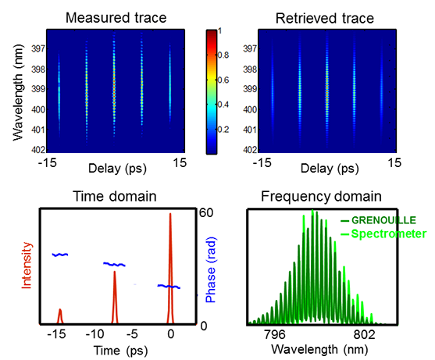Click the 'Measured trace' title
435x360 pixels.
coord(116,18)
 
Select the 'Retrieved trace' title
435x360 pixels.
coord(325,19)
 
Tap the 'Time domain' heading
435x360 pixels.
coord(115,196)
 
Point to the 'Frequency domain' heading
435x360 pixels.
coord(321,196)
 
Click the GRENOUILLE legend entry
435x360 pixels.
coord(379,220)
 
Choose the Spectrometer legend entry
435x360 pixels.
coord(383,233)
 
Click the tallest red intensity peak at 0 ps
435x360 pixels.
coord(170,268)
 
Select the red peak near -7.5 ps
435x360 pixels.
coord(115,298)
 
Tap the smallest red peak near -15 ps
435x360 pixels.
coord(59,316)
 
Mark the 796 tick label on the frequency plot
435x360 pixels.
coord(274,335)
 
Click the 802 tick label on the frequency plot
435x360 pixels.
coord(364,335)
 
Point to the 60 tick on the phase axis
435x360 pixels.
coord(205,212)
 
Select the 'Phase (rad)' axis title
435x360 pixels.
coord(211,270)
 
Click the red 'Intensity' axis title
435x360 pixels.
coord(27,266)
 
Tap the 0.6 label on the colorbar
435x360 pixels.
coord(223,80)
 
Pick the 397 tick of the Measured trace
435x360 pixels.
coord(38,49)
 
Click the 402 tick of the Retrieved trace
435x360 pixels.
coord(250,149)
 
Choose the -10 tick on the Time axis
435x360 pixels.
coord(94,334)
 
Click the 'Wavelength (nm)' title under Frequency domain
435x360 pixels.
coord(319,350)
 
